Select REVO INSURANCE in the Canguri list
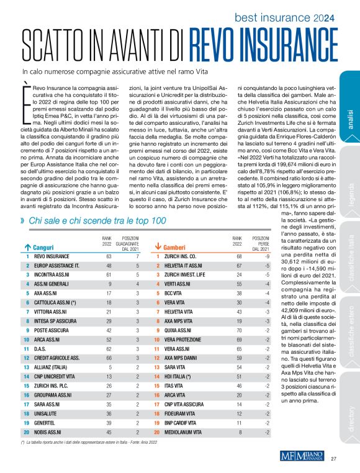click(55, 255)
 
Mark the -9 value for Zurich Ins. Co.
click(266, 255)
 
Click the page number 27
click(333, 459)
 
